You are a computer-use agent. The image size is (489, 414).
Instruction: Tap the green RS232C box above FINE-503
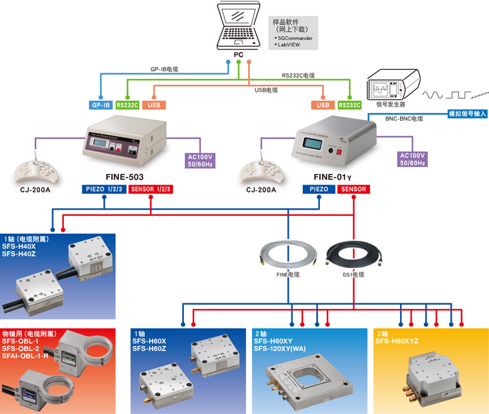click(x=127, y=105)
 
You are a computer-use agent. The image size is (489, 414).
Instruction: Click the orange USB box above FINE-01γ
click(x=323, y=105)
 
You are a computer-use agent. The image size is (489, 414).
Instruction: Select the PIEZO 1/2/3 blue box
click(x=104, y=189)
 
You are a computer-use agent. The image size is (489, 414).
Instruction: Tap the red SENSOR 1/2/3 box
click(x=151, y=189)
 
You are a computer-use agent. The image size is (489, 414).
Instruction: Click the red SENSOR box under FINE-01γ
click(x=354, y=189)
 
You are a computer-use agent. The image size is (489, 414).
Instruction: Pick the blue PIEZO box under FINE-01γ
click(x=319, y=189)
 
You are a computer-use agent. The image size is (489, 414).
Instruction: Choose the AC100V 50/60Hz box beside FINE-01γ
click(x=413, y=159)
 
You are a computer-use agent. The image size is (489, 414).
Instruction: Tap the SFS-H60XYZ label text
click(x=399, y=341)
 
